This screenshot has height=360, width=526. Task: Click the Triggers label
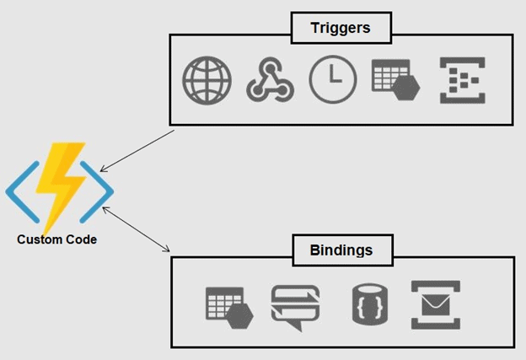point(341,28)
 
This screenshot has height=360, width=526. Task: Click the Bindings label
point(341,250)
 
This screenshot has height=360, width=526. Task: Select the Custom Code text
point(57,239)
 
